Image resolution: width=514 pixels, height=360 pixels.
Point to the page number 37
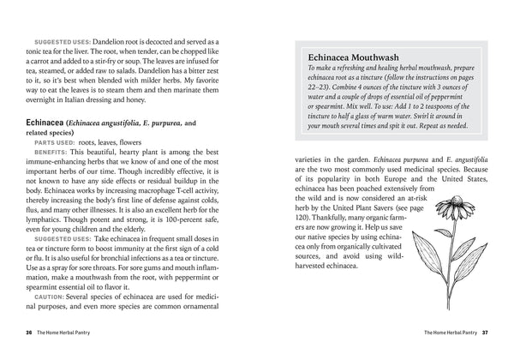pyautogui.click(x=484, y=332)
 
